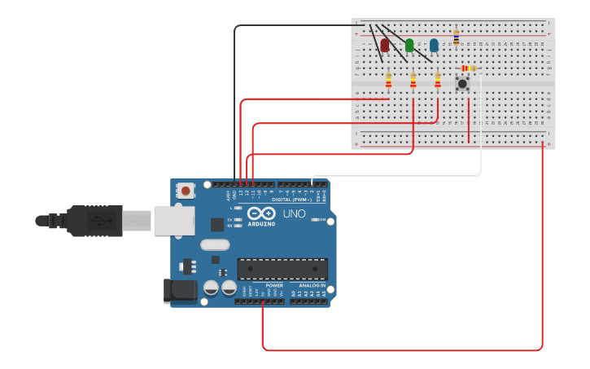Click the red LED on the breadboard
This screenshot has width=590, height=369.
[385, 46]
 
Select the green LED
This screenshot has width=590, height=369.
[409, 46]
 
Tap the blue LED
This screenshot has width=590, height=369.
[434, 46]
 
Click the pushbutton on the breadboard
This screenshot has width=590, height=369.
[462, 83]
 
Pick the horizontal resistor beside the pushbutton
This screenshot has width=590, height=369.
[468, 68]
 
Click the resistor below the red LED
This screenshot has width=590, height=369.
[388, 80]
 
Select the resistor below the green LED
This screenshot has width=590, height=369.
[413, 80]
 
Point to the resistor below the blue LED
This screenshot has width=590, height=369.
[437, 80]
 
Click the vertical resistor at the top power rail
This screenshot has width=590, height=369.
[456, 37]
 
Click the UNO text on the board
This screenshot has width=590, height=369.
[294, 214]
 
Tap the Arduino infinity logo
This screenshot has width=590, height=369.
[262, 213]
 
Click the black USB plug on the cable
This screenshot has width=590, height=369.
[94, 220]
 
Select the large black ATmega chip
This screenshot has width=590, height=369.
[282, 269]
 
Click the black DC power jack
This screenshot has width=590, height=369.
[179, 291]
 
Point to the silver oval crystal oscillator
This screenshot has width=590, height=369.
[215, 244]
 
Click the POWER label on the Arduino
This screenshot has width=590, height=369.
[274, 285]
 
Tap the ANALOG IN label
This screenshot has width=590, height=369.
[312, 285]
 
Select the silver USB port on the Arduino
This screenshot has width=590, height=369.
[173, 220]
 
